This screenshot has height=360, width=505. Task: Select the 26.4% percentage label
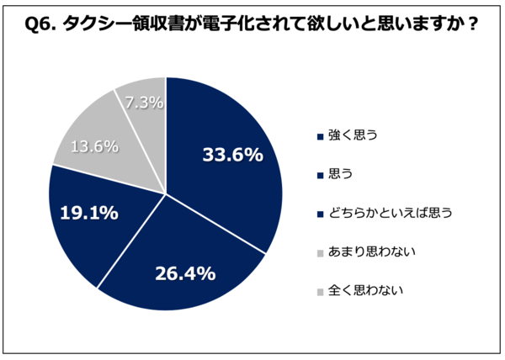point(186,273)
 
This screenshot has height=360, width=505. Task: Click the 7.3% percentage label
point(145,102)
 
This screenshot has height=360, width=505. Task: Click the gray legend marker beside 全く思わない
point(319,292)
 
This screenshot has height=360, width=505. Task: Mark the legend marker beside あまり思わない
point(319,253)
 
